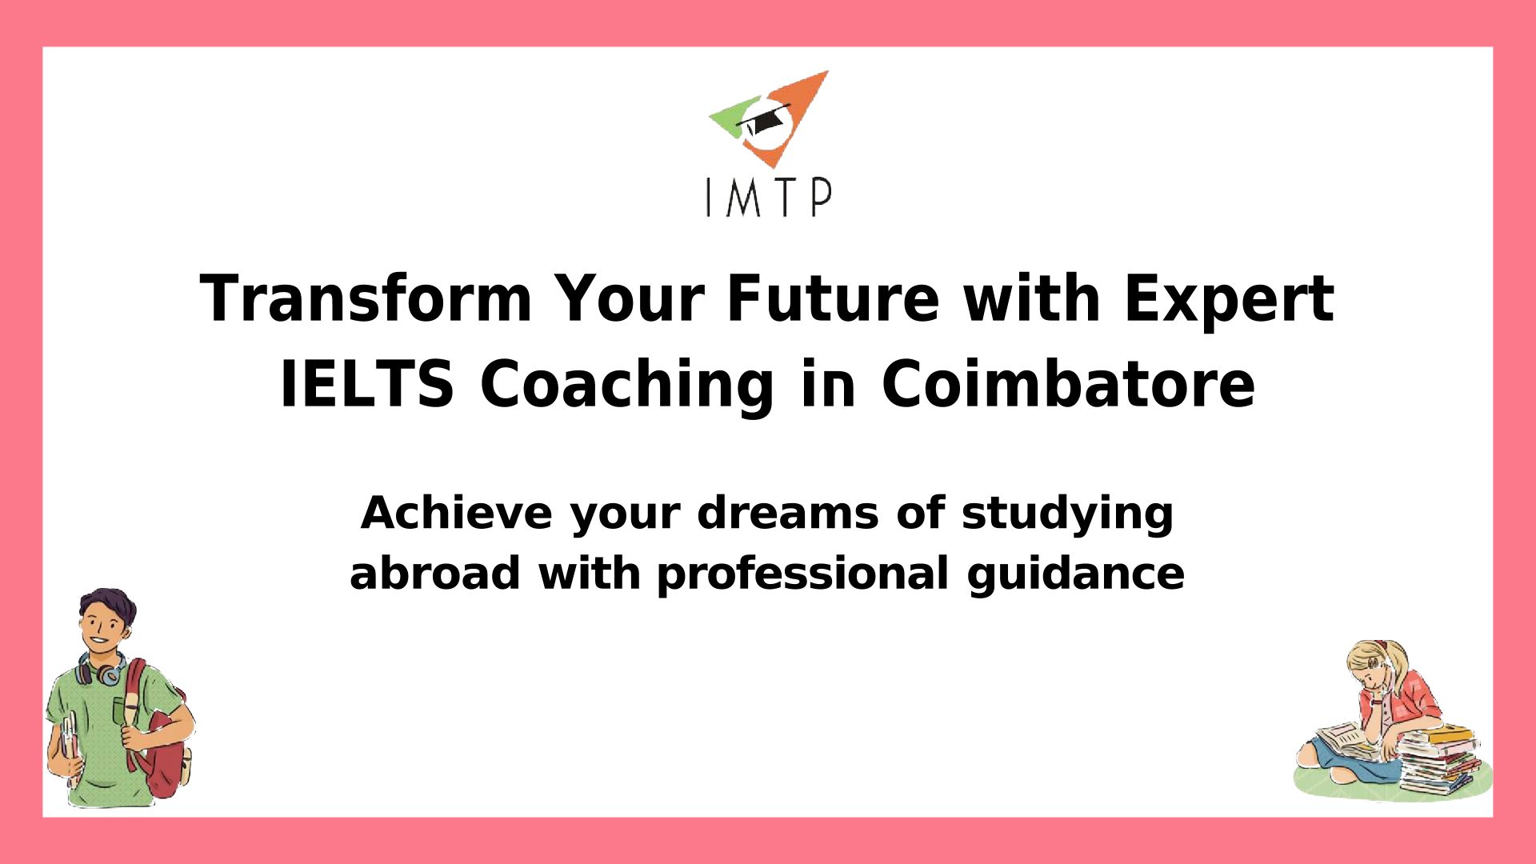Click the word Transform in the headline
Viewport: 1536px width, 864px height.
coord(366,298)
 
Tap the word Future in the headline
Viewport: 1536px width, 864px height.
coord(832,298)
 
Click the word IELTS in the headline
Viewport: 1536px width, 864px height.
coord(367,384)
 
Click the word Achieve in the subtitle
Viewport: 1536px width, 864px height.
coord(457,513)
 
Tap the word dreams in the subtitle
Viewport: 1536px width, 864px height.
coord(788,513)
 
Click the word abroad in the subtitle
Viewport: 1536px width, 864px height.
coord(435,573)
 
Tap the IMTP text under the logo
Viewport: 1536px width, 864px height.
coord(769,198)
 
